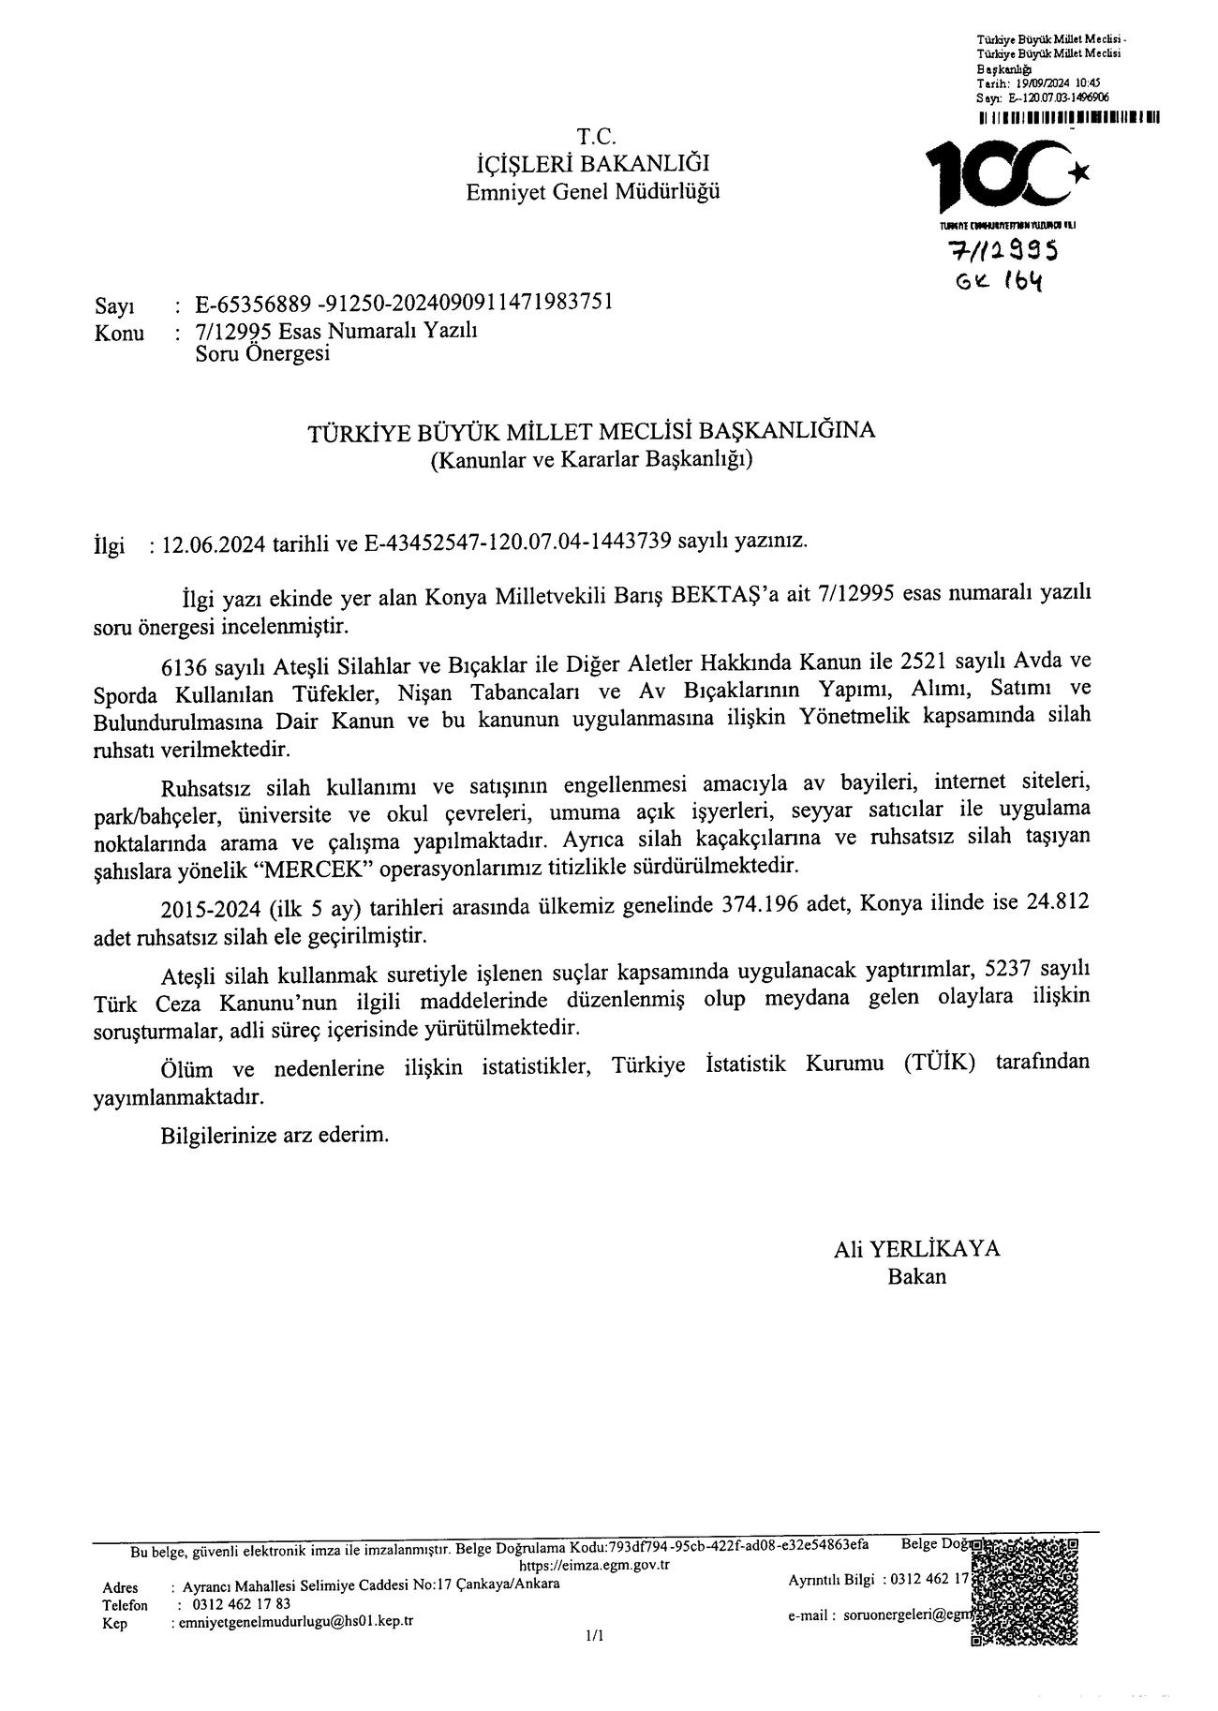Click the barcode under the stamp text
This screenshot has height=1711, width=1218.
[x=1067, y=118]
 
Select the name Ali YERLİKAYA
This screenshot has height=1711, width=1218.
[x=916, y=1249]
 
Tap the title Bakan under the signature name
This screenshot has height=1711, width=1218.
[x=916, y=1276]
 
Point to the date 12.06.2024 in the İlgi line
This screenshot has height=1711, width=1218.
[x=214, y=543]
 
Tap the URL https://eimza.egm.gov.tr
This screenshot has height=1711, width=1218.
[x=594, y=1565]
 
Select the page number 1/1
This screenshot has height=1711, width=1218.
[x=594, y=1636]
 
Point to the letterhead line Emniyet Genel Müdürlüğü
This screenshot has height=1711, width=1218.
[x=594, y=192]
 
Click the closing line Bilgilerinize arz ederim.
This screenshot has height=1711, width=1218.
[x=275, y=1135]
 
